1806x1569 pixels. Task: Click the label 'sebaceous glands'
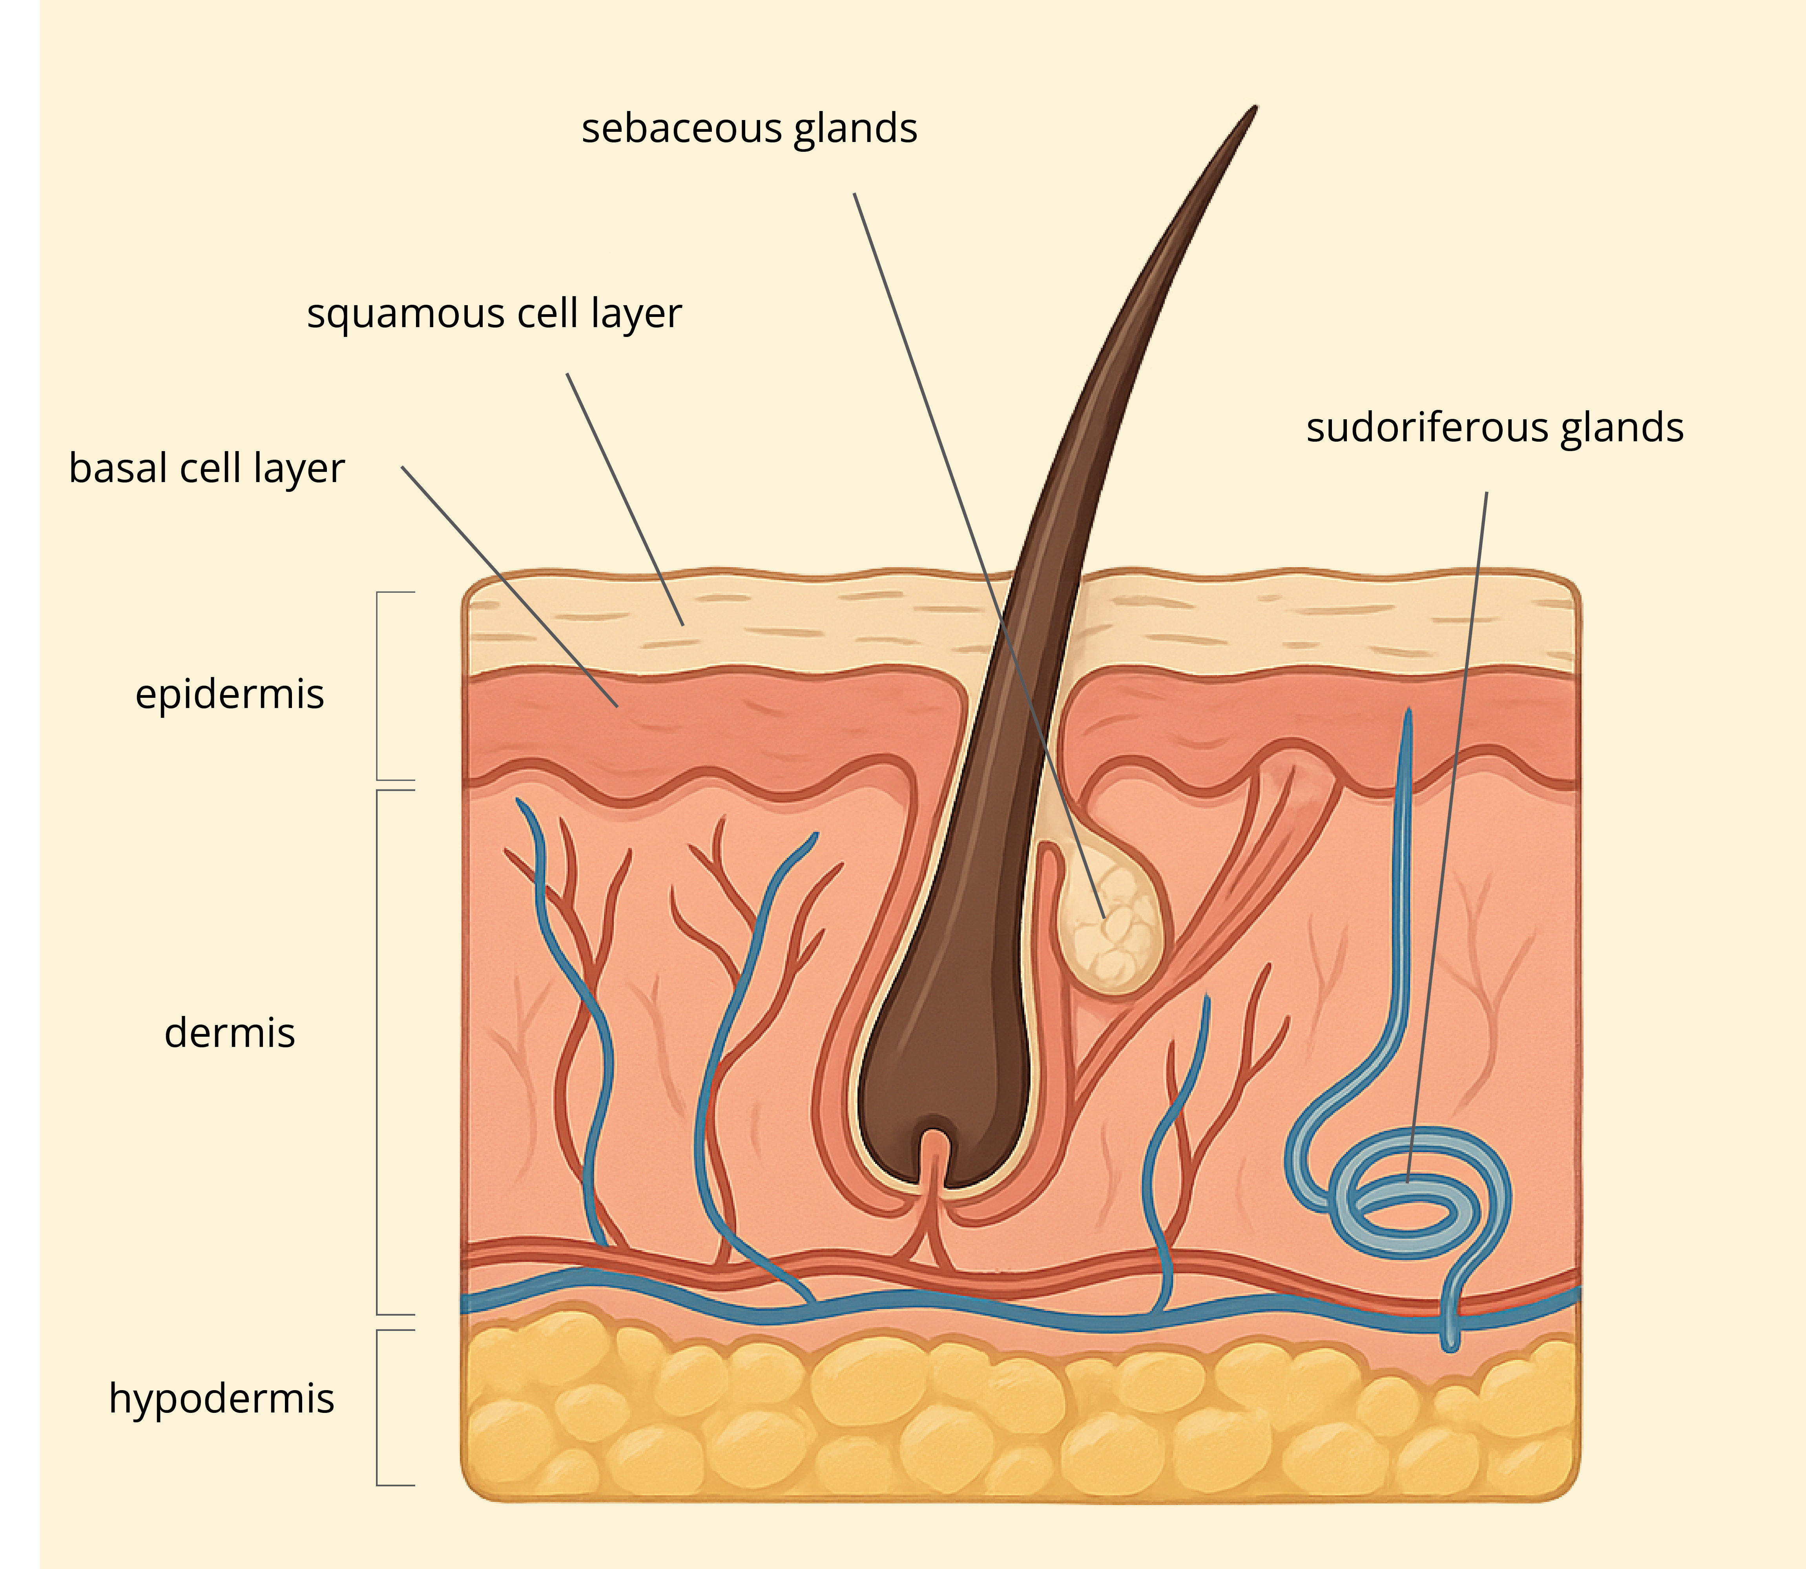[749, 129]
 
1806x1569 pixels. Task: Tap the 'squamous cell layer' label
[494, 313]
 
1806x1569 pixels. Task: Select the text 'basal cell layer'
[207, 468]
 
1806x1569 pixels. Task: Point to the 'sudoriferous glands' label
[1494, 428]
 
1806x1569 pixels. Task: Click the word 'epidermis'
[230, 694]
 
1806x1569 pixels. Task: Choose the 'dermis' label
[230, 1033]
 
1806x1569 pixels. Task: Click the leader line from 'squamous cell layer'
[624, 499]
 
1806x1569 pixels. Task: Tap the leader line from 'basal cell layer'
[508, 585]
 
